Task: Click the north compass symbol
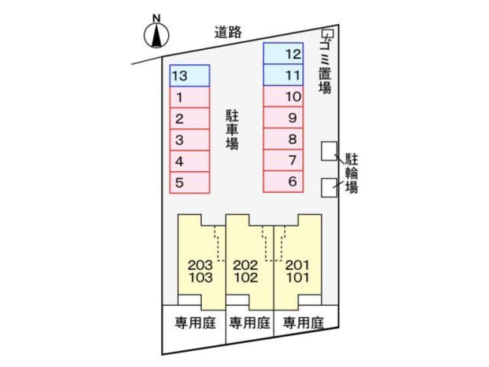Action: point(155,35)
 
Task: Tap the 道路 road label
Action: point(227,33)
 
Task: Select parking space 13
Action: point(190,75)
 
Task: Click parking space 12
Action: point(283,53)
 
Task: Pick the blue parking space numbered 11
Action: point(283,75)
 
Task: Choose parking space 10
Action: point(283,97)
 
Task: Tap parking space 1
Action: point(190,97)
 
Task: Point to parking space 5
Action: point(190,182)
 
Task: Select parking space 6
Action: point(283,181)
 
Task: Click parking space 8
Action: point(283,139)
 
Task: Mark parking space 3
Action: point(190,140)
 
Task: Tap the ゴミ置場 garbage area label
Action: point(325,65)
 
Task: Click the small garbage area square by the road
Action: point(327,34)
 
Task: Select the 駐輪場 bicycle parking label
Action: point(351,173)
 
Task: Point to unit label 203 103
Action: point(201,271)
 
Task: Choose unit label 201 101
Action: point(297,271)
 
